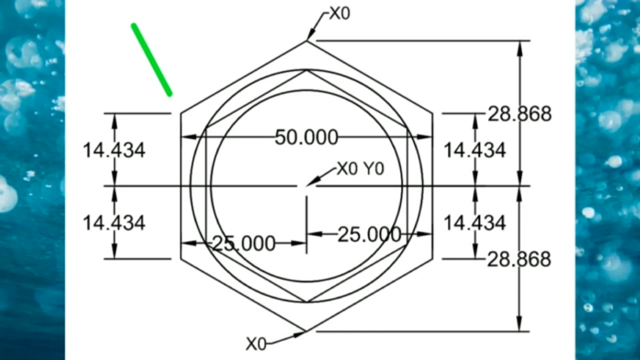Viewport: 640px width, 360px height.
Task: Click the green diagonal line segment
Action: pyautogui.click(x=151, y=59)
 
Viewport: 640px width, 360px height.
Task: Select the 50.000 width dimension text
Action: pyautogui.click(x=306, y=137)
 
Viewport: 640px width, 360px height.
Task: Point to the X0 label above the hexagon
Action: pyautogui.click(x=339, y=13)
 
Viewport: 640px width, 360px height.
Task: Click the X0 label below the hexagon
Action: pyautogui.click(x=256, y=343)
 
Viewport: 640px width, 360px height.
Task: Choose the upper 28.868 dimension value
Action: pyautogui.click(x=519, y=114)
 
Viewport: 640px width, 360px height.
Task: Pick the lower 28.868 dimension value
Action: pyautogui.click(x=519, y=259)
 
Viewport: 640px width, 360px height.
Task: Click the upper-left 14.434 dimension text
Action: pyautogui.click(x=114, y=150)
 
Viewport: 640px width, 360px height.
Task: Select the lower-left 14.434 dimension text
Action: pyautogui.click(x=114, y=223)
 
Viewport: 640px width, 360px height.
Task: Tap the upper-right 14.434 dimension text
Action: pyautogui.click(x=474, y=150)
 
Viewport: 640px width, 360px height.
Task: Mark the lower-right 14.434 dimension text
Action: pyautogui.click(x=474, y=223)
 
